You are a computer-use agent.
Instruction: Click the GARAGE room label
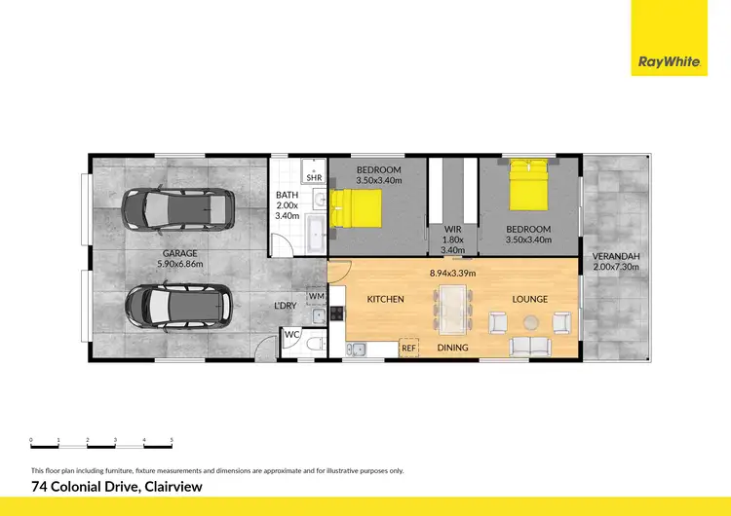(x=179, y=253)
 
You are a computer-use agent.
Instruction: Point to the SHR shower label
(x=314, y=178)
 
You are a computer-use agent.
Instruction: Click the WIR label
(x=451, y=231)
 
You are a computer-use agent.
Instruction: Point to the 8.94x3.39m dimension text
(x=454, y=274)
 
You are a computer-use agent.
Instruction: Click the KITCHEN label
(x=385, y=299)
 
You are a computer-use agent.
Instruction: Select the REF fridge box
(x=408, y=348)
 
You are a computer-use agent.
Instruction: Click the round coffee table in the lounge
(x=530, y=321)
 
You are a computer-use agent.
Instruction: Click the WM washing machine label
(x=316, y=296)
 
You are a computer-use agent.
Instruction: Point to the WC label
(x=291, y=336)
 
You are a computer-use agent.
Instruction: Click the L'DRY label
(x=285, y=306)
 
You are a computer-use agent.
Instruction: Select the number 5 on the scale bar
(x=172, y=441)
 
